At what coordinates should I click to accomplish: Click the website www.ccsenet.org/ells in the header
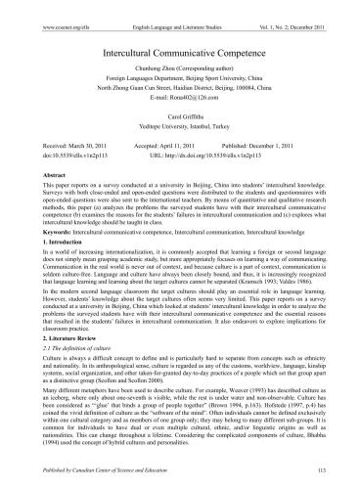(52, 10)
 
